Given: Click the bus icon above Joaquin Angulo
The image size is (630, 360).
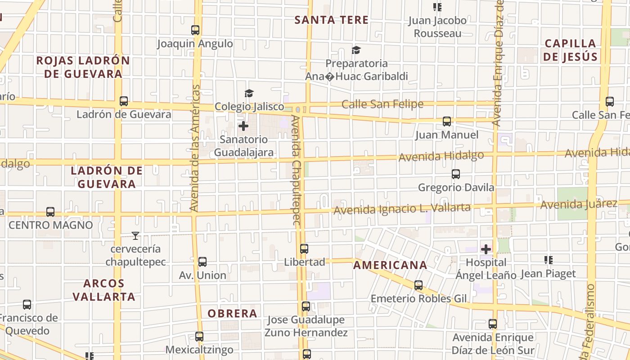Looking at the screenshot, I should click(x=195, y=30).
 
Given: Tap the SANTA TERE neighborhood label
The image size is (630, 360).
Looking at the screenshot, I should click(x=332, y=20).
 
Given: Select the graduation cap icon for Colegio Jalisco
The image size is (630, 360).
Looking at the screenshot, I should click(x=249, y=93).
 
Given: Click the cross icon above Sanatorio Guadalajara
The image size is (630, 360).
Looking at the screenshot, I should click(x=243, y=126).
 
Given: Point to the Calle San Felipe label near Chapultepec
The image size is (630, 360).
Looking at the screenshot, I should click(x=382, y=104).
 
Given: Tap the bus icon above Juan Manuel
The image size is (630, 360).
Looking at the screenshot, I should click(x=446, y=121).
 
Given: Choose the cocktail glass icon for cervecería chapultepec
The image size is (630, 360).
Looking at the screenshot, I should click(x=135, y=235).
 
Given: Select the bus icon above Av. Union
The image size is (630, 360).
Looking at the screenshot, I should click(x=202, y=262).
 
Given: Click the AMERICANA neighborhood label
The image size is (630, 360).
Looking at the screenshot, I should click(x=390, y=265).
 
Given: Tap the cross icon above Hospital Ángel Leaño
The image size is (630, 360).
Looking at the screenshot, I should click(x=486, y=249).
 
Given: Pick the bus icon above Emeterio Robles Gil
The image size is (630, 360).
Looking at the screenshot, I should click(x=418, y=285).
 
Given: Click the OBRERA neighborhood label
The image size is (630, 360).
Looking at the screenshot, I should click(x=232, y=313).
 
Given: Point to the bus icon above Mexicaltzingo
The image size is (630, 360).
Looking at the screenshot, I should click(x=199, y=336).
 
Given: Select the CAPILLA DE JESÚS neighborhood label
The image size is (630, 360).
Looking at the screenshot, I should click(x=570, y=50).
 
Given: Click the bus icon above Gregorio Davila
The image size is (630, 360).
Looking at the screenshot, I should click(x=456, y=174).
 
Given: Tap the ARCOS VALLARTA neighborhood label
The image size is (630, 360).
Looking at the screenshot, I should click(x=104, y=290).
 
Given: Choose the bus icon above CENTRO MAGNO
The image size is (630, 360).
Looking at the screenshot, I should click(x=50, y=212).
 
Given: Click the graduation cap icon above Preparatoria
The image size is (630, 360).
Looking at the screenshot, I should click(x=356, y=50).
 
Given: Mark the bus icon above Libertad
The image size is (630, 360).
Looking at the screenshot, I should click(x=304, y=249).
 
